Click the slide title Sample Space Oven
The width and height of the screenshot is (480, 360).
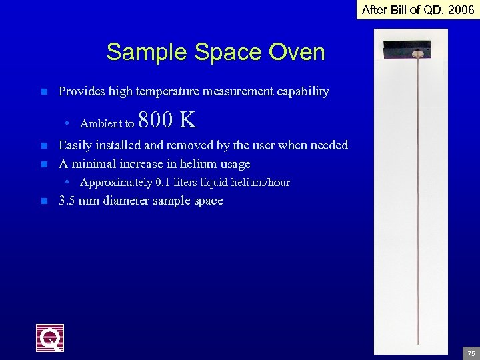pos(215,52)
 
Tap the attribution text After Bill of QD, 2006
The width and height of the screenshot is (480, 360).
pos(418,9)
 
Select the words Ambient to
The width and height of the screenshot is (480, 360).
pos(107,123)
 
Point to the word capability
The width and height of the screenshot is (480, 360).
pos(303,91)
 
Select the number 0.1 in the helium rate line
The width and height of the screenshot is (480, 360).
pos(163,183)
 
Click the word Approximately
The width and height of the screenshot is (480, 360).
pos(115,183)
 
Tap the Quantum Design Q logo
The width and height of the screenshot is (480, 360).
pos(50,338)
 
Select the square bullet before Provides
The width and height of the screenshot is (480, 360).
pos(44,91)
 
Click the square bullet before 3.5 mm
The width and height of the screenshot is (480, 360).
pos(44,201)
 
